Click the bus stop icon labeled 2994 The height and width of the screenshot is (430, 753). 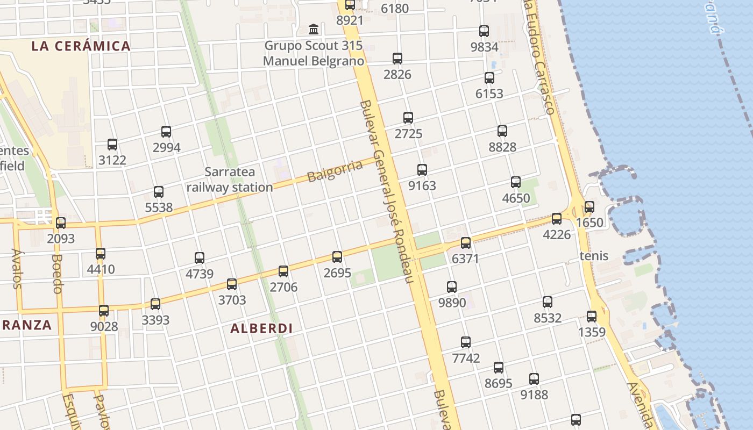[x=166, y=132]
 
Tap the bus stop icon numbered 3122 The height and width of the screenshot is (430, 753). [x=112, y=144]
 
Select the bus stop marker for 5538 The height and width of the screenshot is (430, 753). [x=159, y=192]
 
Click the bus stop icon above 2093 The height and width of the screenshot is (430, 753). [x=61, y=223]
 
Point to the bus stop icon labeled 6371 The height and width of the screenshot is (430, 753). [x=466, y=243]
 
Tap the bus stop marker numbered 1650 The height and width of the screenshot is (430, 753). [x=589, y=207]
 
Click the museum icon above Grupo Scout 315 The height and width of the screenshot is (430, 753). [x=314, y=29]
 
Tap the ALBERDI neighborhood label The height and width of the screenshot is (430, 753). [x=261, y=328]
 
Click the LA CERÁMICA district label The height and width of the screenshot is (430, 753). [x=81, y=46]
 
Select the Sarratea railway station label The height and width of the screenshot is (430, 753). [x=230, y=180]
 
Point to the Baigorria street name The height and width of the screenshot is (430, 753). [x=335, y=170]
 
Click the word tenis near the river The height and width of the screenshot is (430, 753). [x=594, y=255]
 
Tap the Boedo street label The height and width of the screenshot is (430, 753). [x=58, y=274]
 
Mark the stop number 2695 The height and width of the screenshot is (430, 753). [x=337, y=273]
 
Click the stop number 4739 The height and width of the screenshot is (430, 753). [x=200, y=274]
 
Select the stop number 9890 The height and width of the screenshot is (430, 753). [x=452, y=302]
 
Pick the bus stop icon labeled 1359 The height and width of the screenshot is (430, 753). [x=592, y=317]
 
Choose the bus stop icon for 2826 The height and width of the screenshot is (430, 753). [x=397, y=59]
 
